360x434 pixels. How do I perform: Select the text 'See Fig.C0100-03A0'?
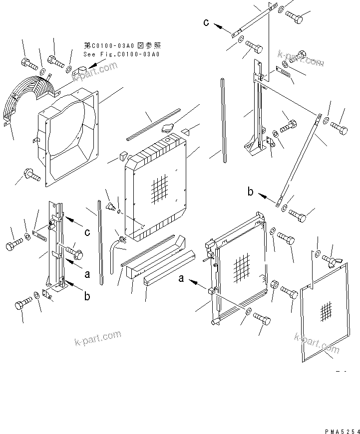tap(121, 54)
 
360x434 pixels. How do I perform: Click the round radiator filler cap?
tap(167, 129)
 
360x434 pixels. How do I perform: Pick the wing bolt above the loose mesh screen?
tap(330, 259)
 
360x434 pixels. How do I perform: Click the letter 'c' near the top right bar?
tap(206, 22)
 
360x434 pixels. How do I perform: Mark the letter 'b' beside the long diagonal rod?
tap(251, 192)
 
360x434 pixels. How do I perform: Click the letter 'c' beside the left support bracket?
tap(87, 232)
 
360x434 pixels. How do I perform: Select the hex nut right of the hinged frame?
tap(274, 284)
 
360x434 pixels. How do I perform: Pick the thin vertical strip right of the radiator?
tap(223, 120)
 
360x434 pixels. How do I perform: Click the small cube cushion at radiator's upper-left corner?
tap(120, 158)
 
